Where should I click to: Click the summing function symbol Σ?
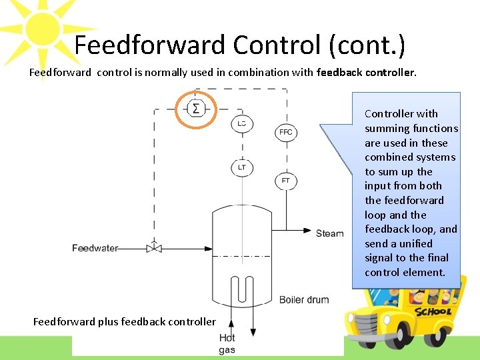coord(195,108)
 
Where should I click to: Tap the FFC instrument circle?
coord(285,132)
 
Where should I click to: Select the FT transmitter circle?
coord(285,181)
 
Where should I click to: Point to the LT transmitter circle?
coord(241,167)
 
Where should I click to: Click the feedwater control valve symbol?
coord(154,247)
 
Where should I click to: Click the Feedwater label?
coord(95,248)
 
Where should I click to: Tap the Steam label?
coord(330,233)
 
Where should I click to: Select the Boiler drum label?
coord(304,299)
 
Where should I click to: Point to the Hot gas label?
coord(227,344)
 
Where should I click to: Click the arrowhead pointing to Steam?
coord(307,231)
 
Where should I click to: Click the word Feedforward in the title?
coord(150,45)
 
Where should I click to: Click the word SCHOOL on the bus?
coord(433,311)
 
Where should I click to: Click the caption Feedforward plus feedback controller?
coord(125,322)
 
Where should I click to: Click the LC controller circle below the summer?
coord(241,124)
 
